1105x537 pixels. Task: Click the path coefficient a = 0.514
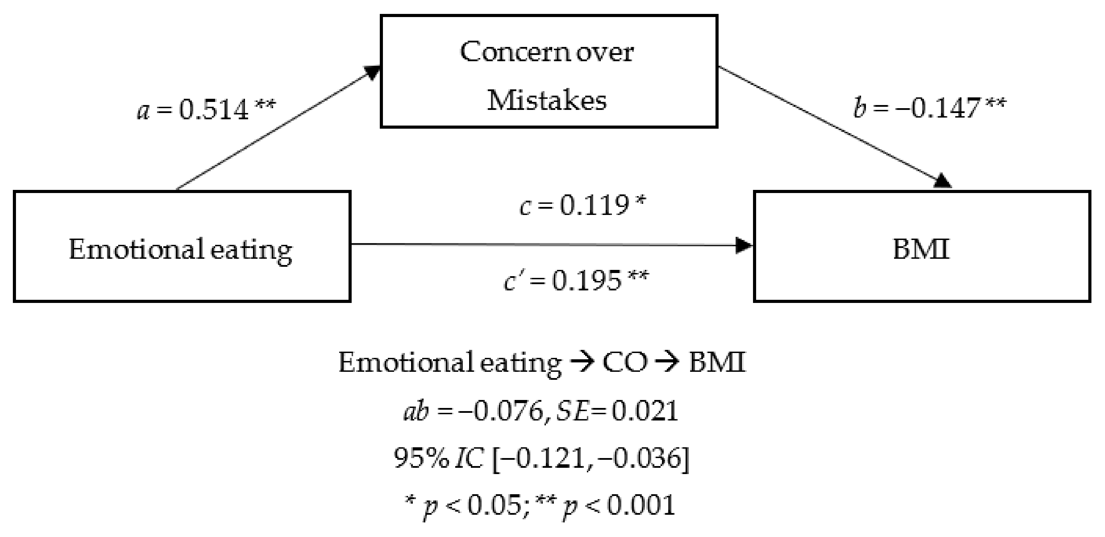[x=206, y=110]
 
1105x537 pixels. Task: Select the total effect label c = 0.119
[x=582, y=206]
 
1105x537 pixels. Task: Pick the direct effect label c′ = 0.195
[x=576, y=281]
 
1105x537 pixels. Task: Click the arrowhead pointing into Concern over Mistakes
[x=371, y=72]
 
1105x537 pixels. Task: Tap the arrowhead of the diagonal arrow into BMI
[x=943, y=181]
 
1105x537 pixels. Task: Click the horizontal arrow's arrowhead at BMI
[x=744, y=246]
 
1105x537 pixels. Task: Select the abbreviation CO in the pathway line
[x=625, y=363]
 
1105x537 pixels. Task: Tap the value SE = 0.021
[x=617, y=411]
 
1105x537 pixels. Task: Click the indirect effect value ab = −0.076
[x=474, y=411]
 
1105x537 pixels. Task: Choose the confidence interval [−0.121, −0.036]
[x=591, y=459]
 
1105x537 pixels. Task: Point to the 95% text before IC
[x=421, y=458]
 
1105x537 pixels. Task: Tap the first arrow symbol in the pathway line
[x=582, y=363]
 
